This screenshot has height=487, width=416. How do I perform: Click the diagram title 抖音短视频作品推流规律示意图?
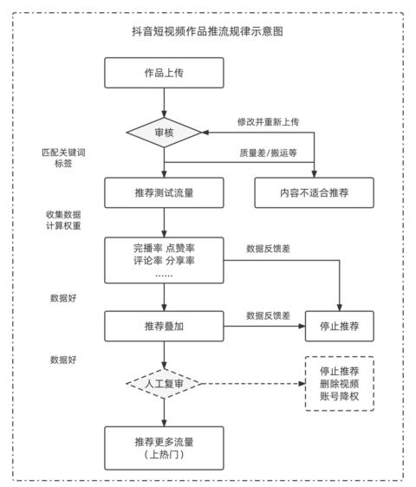point(207,31)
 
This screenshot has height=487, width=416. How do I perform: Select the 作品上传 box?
point(164,73)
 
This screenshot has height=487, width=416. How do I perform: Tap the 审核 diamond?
point(164,133)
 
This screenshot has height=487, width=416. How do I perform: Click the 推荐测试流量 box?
point(164,192)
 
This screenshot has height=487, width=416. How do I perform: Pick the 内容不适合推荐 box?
point(314,192)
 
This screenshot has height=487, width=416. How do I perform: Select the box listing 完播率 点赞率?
point(164,260)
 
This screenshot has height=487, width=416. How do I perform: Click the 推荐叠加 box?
point(164,326)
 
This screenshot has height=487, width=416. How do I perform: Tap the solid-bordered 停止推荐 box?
point(340,326)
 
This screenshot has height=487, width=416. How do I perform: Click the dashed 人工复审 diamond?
point(164,384)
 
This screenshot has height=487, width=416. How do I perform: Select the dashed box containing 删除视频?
point(340,384)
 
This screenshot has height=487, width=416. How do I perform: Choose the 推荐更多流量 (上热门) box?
point(164,448)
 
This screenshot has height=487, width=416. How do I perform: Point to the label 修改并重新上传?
point(268,121)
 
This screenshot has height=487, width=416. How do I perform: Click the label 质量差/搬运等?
point(268,153)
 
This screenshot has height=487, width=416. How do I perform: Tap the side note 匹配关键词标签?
point(63,158)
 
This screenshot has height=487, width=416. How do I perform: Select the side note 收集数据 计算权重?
point(63,220)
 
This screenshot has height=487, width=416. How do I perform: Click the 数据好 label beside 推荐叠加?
point(63,298)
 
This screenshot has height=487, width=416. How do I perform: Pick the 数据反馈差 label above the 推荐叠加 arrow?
point(268,315)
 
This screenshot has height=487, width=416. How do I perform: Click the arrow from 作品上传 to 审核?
point(164,103)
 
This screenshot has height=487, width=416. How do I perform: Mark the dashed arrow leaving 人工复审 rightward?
point(254,384)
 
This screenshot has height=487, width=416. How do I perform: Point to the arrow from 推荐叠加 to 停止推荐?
point(264,326)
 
